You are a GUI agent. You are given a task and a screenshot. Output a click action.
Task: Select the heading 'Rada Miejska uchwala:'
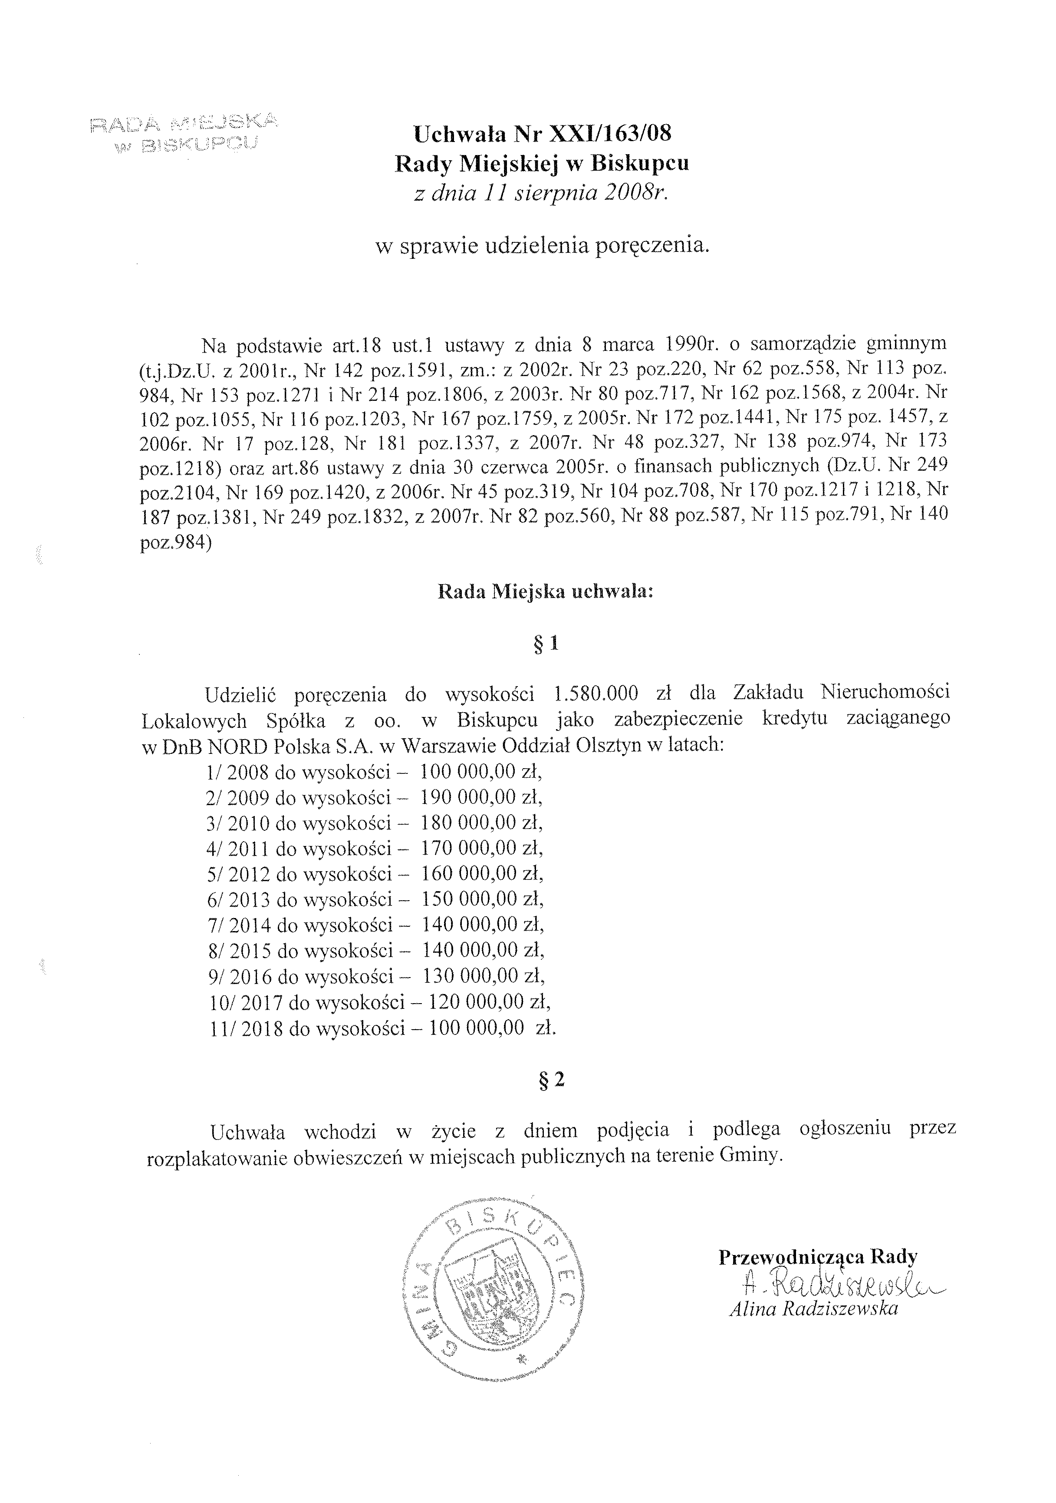click(x=545, y=592)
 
